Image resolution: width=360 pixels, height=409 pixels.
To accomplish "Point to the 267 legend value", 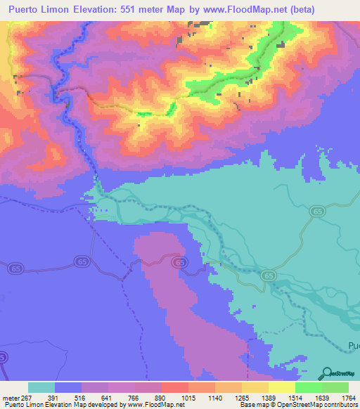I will point(27,398).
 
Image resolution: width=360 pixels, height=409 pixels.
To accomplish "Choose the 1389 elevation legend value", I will point(269,398).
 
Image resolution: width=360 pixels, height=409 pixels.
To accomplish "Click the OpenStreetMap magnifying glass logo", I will point(326,373).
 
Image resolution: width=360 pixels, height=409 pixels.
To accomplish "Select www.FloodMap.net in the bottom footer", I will point(150,405).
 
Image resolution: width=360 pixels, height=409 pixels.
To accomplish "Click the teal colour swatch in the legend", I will point(41,387).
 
